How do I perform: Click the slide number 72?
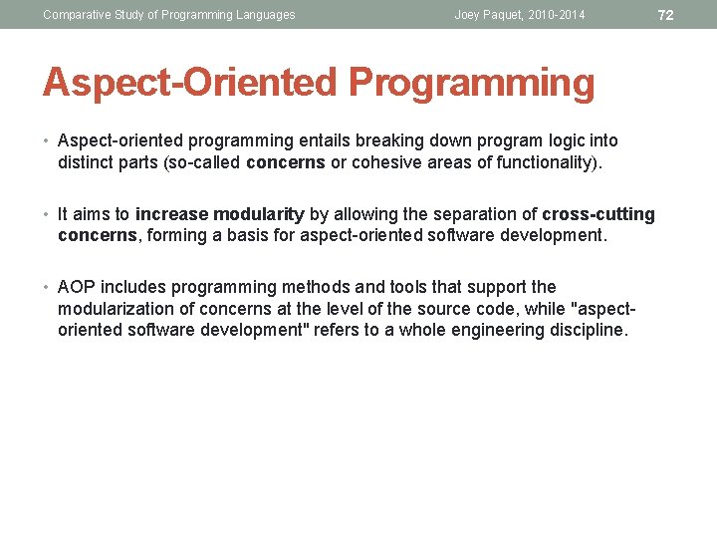tap(666, 15)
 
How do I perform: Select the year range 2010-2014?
tap(556, 15)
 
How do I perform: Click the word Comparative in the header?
tap(77, 15)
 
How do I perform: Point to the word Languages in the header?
tap(266, 15)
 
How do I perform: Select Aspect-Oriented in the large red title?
tap(189, 83)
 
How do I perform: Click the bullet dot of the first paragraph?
tap(49, 141)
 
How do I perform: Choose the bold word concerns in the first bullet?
tap(286, 163)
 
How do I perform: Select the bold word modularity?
tap(258, 214)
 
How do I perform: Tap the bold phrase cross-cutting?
tap(597, 214)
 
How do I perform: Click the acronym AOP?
tap(77, 287)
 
